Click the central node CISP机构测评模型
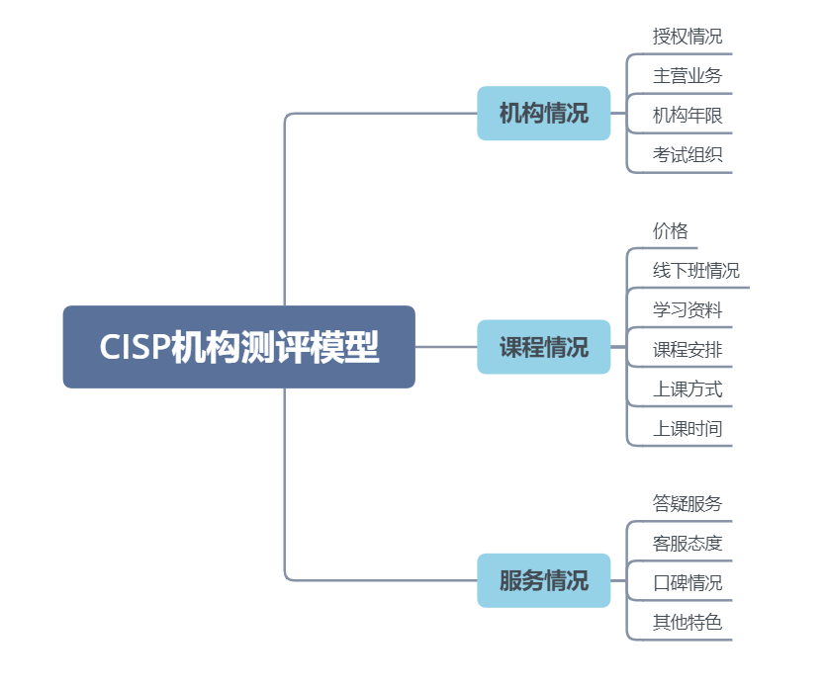coord(238,347)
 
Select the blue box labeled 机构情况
coord(543,114)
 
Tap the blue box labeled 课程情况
coord(543,347)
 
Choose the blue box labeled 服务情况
coord(543,580)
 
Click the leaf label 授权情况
coord(687,37)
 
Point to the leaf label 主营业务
coord(687,76)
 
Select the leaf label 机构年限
coord(687,116)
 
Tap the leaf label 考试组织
coord(687,155)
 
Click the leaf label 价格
coord(670,231)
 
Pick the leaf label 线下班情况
coord(695,271)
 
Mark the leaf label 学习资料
coord(687,310)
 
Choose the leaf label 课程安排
coord(687,350)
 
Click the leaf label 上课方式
coord(687,389)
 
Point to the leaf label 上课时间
coord(687,429)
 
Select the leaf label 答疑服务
coord(687,504)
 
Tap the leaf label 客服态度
coord(687,544)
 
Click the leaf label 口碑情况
coord(687,583)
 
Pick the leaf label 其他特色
coord(687,623)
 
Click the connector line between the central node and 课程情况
coord(445,347)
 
